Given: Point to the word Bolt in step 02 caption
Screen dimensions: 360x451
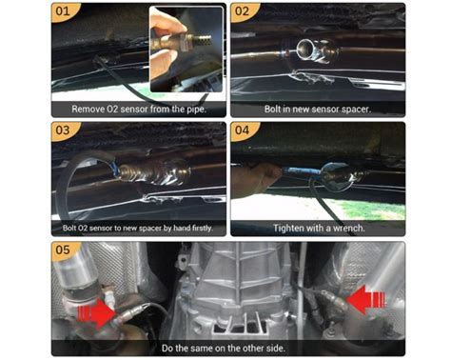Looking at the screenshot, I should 275,110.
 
